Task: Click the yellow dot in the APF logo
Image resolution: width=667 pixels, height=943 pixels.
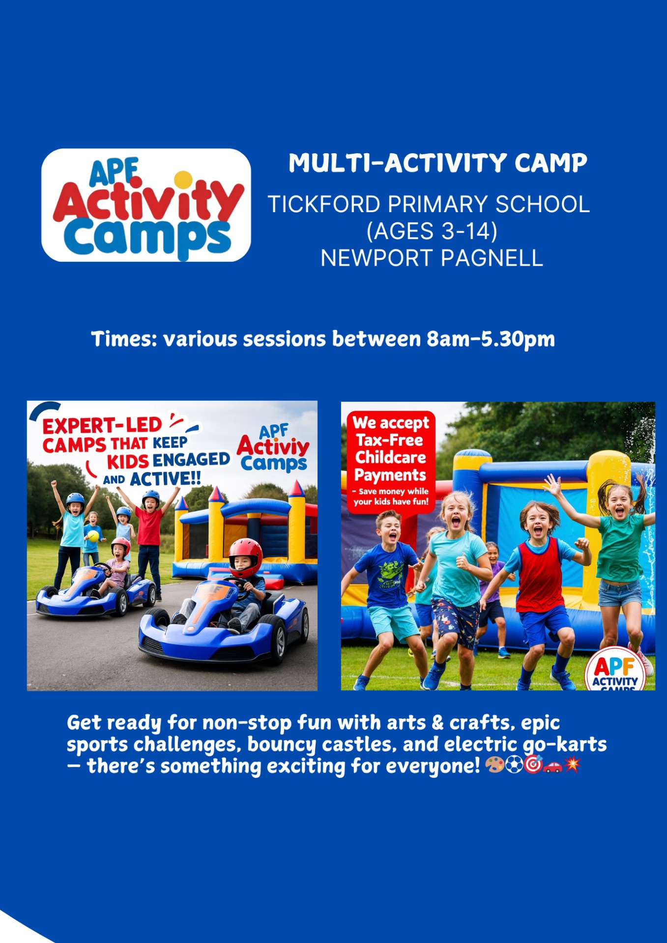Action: [x=183, y=179]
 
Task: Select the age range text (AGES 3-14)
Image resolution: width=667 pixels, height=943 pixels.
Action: [x=432, y=231]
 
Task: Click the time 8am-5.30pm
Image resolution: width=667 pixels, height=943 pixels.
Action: [x=491, y=339]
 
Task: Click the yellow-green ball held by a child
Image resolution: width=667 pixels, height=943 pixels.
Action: [x=93, y=536]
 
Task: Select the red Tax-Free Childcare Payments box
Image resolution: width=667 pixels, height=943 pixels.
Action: [x=391, y=462]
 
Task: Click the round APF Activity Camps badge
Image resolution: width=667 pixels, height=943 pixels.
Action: [x=615, y=670]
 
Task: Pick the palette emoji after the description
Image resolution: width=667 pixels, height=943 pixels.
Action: [x=494, y=765]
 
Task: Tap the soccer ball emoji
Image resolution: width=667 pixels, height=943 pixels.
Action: [x=514, y=765]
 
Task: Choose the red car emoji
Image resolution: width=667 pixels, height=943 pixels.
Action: [x=552, y=766]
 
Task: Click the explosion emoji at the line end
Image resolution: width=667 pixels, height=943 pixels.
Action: [x=572, y=765]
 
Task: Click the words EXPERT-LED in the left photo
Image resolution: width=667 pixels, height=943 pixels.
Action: [x=102, y=425]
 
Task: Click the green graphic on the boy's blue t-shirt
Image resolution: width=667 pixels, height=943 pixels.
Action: [x=391, y=574]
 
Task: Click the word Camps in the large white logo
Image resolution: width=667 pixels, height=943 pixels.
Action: [x=147, y=237]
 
